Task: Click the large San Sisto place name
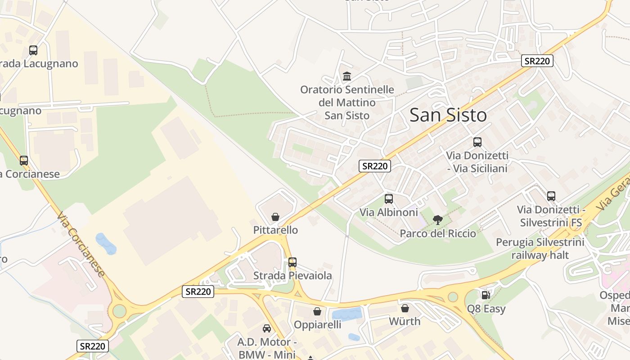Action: pyautogui.click(x=448, y=115)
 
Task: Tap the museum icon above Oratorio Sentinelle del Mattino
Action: pyautogui.click(x=347, y=76)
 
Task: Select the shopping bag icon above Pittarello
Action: pyautogui.click(x=275, y=217)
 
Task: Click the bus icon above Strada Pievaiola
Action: pyautogui.click(x=292, y=262)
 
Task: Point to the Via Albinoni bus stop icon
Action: pyautogui.click(x=389, y=199)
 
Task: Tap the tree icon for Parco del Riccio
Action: pyautogui.click(x=437, y=220)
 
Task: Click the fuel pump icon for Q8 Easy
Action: pyautogui.click(x=486, y=295)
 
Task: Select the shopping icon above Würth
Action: pyautogui.click(x=405, y=308)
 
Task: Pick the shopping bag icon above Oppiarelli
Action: pyautogui.click(x=317, y=311)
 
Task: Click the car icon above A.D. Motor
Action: pyautogui.click(x=267, y=328)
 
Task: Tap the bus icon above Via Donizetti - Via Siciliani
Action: pyautogui.click(x=477, y=142)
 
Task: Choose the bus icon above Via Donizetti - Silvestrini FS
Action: pyautogui.click(x=551, y=196)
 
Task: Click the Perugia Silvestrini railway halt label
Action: pyautogui.click(x=540, y=249)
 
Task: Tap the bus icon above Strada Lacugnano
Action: pyautogui.click(x=33, y=50)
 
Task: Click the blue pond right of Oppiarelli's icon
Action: pyautogui.click(x=346, y=314)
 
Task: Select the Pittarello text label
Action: pyautogui.click(x=275, y=230)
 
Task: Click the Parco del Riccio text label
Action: pyautogui.click(x=438, y=234)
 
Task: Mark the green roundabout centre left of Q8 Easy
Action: pyautogui.click(x=453, y=297)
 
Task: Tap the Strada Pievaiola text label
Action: pyautogui.click(x=292, y=275)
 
